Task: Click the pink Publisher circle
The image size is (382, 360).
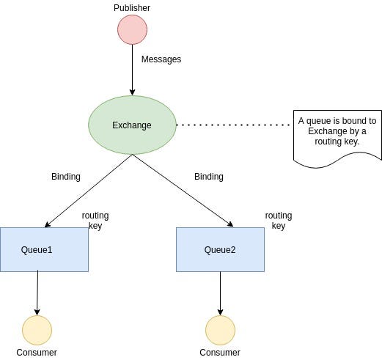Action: point(133,29)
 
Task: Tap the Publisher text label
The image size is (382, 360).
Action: point(132,7)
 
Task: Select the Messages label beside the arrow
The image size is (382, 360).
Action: point(161,59)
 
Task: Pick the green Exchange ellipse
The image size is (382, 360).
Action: point(132,125)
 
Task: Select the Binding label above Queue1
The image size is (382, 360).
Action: point(66,177)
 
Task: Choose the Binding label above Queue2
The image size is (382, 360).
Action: point(209,177)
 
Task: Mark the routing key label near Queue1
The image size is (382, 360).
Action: point(95,221)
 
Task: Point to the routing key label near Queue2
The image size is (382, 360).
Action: point(279,221)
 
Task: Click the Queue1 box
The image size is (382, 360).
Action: point(44,249)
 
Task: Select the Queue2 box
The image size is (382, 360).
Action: point(220,249)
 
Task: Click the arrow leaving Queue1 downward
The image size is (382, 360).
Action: point(37,293)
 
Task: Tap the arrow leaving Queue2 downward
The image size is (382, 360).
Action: point(220,293)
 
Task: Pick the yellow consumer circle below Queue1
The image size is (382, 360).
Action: point(37,331)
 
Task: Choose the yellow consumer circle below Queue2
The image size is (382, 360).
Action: point(220,331)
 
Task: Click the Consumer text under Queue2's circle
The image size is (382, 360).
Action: point(220,353)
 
